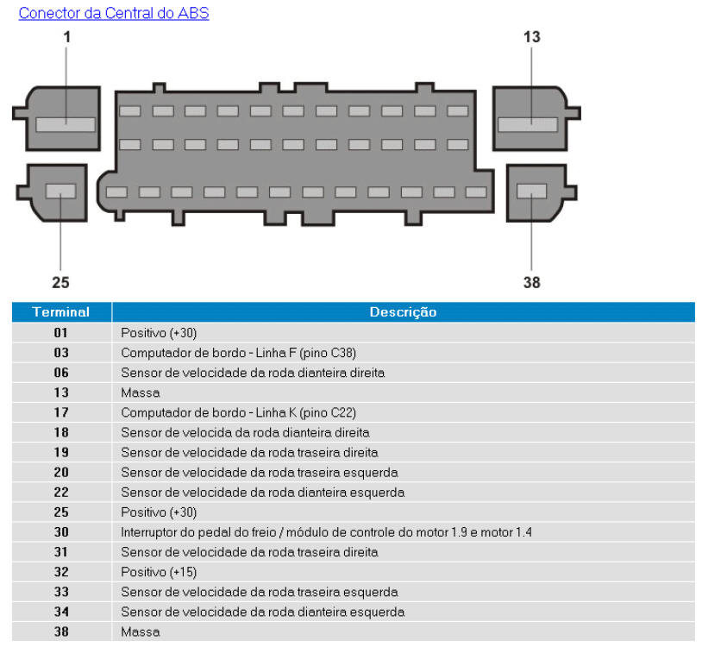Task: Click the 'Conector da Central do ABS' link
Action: tap(113, 13)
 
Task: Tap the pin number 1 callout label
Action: tap(66, 37)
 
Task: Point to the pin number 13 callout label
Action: tap(531, 37)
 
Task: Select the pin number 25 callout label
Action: tap(60, 282)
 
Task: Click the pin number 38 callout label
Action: tap(531, 282)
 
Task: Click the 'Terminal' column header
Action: tap(60, 312)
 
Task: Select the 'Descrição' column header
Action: tap(403, 312)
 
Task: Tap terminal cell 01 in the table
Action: tap(60, 332)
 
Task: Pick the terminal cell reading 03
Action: tap(60, 352)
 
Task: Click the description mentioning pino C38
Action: tap(238, 352)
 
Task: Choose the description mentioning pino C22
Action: tap(238, 412)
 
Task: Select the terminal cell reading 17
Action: tap(60, 412)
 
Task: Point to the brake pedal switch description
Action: tap(326, 532)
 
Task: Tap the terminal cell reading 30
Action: tap(60, 532)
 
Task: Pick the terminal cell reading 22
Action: tap(60, 493)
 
